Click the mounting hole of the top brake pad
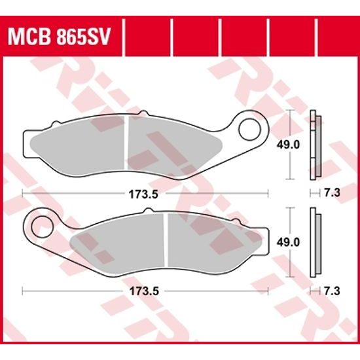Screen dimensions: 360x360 [249, 129]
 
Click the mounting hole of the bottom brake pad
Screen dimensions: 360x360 [43, 222]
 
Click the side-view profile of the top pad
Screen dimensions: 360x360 [315, 145]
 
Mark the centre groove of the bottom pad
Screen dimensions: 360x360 [167, 240]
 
